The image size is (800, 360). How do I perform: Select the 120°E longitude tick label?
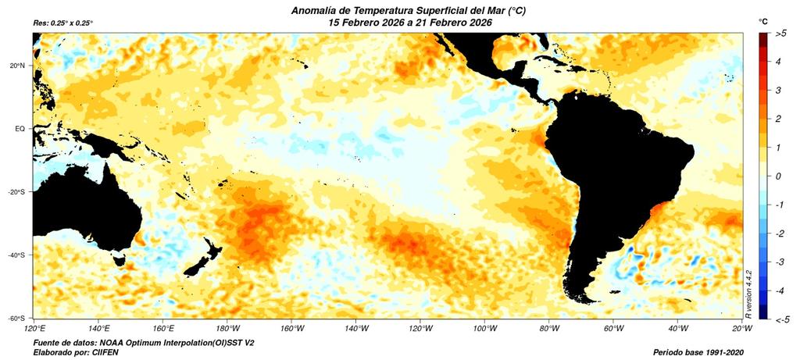[x=34, y=328]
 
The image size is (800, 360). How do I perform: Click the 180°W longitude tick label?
[x=227, y=328]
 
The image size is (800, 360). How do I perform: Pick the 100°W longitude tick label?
[x=484, y=328]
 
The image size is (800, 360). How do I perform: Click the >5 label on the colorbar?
[x=780, y=34]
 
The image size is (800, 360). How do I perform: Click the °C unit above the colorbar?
[x=762, y=20]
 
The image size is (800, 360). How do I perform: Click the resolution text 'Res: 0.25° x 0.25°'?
[x=63, y=23]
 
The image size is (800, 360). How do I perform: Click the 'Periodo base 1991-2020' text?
[x=698, y=352]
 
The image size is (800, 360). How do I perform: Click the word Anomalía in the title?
[x=318, y=10]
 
